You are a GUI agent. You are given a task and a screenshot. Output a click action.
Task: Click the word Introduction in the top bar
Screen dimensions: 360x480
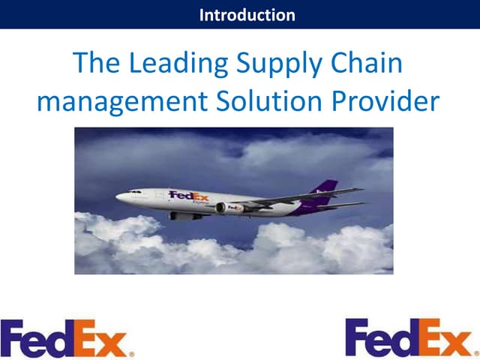[247, 14]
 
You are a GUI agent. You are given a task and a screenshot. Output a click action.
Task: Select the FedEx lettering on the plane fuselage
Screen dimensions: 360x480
[188, 196]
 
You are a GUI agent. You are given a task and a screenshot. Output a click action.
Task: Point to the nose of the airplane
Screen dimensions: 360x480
[118, 196]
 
